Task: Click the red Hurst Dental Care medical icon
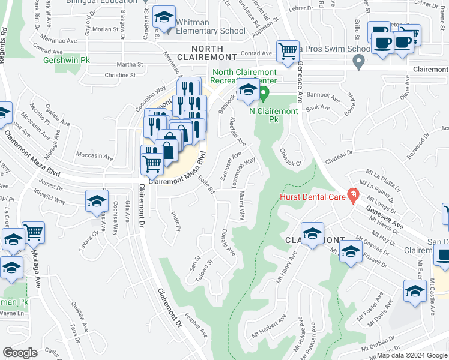tap(353, 194)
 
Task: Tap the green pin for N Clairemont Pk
tap(262, 94)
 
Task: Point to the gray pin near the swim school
tap(358, 61)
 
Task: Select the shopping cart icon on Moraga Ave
tap(34, 233)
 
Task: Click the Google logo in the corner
tap(20, 353)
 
